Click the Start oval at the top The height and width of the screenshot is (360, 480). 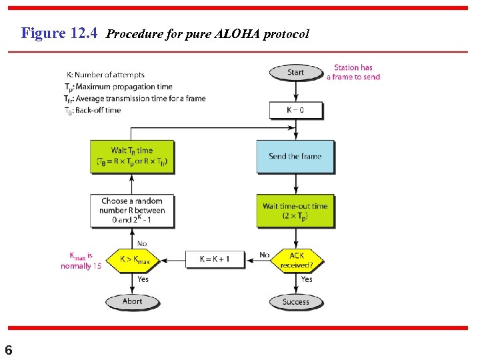[x=295, y=72]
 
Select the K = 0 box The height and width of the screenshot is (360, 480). [x=295, y=109]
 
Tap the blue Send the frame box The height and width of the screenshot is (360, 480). [x=295, y=156]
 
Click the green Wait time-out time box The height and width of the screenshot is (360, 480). [x=295, y=211]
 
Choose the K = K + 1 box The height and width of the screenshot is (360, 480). [x=213, y=259]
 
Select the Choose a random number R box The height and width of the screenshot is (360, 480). [x=133, y=210]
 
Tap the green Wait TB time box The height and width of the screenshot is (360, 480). [x=132, y=156]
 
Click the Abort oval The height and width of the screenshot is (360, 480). [x=132, y=301]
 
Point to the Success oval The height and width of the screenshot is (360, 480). [x=295, y=301]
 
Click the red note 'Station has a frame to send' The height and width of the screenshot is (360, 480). [x=353, y=72]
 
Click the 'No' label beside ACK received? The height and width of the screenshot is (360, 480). [x=264, y=255]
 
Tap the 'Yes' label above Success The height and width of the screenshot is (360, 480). [x=307, y=279]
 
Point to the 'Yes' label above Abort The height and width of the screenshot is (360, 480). [x=143, y=279]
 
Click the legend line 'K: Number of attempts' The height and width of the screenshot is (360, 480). [x=105, y=75]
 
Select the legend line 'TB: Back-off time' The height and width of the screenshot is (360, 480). [x=93, y=110]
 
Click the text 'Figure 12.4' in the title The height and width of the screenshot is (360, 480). [x=61, y=33]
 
